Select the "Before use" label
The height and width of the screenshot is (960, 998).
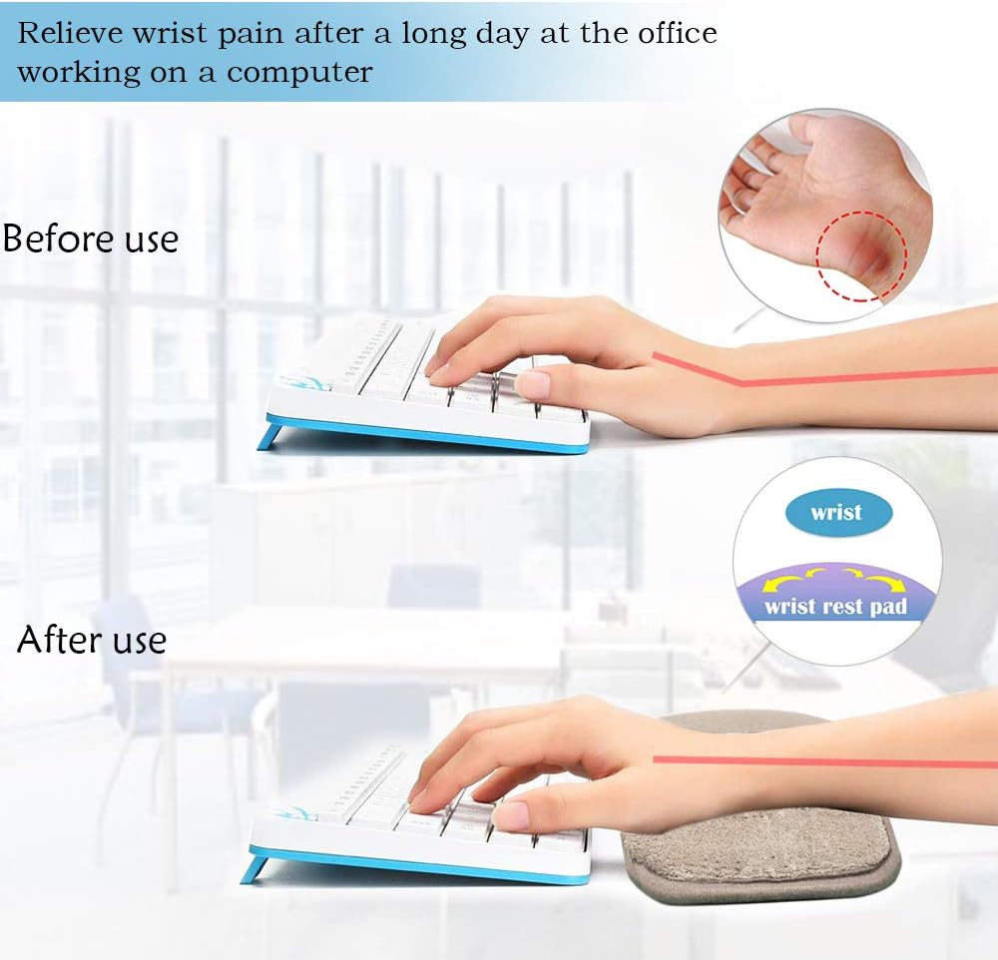(91, 240)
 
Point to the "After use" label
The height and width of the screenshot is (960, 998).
(92, 639)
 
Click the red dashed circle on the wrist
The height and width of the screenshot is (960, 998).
(861, 254)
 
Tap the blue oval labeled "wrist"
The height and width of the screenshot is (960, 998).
(836, 513)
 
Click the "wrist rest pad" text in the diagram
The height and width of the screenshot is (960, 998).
(836, 606)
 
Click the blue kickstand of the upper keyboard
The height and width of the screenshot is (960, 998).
(269, 437)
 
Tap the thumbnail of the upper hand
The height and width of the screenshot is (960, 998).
(533, 385)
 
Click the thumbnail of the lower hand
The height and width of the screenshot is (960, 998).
(511, 815)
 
